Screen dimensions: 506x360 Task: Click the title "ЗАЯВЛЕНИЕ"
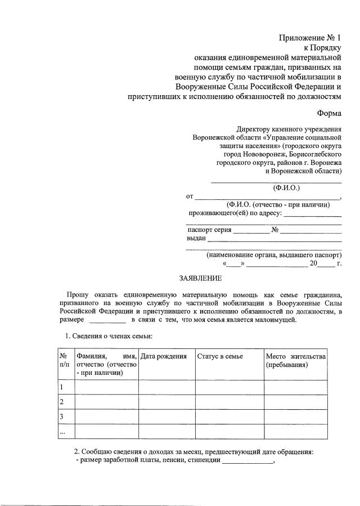tap(200, 278)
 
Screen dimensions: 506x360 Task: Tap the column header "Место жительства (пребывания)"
tap(295, 360)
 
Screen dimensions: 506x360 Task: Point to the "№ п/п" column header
tap(66, 360)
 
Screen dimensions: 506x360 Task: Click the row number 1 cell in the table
tap(66, 387)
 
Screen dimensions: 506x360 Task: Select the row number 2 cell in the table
tap(66, 402)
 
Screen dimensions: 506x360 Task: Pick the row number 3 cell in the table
tap(66, 417)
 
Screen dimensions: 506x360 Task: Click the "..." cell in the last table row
tap(66, 431)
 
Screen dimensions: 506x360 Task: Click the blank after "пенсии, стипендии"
tap(247, 463)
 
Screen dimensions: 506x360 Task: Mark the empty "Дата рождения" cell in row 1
tap(166, 387)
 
